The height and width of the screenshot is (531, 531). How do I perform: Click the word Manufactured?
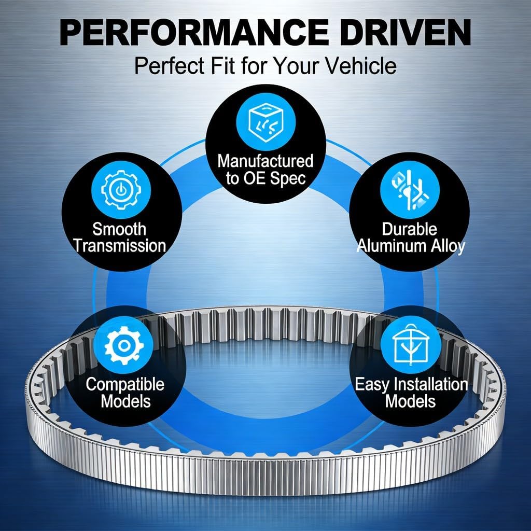265,161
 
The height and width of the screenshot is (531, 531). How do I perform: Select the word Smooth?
120,229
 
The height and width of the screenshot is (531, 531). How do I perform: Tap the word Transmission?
120,246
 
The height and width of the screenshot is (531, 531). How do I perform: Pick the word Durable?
410,229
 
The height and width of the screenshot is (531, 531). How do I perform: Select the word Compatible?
125,384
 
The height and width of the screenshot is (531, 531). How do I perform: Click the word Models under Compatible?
125,401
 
